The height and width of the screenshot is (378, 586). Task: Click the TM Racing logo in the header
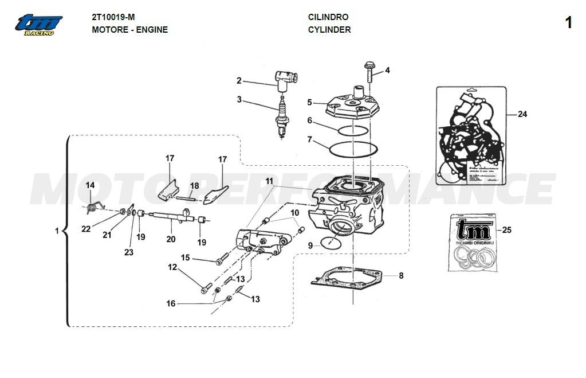(38, 25)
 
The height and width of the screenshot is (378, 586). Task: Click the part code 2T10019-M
(113, 17)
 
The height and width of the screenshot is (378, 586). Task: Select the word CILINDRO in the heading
(328, 17)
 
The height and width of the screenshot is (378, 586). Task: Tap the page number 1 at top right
(568, 23)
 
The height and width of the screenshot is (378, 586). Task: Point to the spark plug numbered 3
(281, 118)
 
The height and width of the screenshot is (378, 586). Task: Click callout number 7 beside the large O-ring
(310, 139)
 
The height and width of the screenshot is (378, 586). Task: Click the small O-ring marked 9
(329, 241)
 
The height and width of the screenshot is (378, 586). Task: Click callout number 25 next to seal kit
(506, 231)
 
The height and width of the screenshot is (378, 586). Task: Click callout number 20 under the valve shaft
(170, 239)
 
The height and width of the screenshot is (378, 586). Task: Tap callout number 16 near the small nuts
(171, 303)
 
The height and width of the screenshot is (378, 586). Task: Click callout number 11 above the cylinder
(269, 181)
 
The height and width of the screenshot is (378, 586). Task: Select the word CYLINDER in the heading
(329, 30)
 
